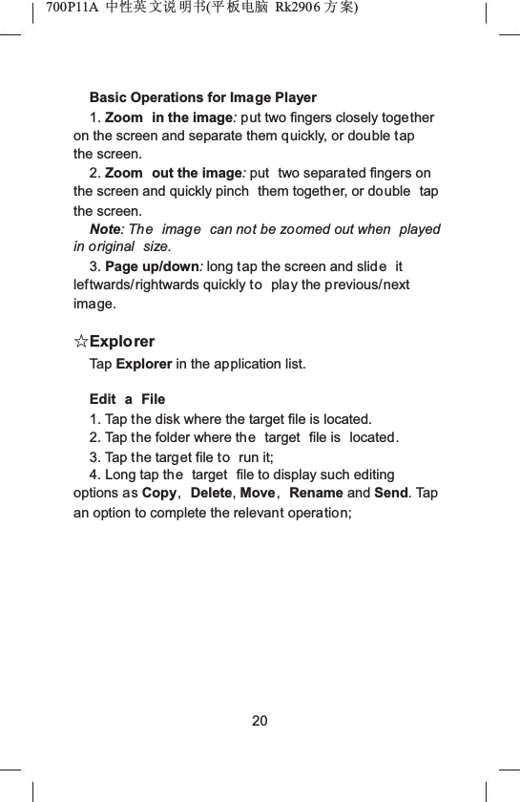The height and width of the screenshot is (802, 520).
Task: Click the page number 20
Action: [x=260, y=720]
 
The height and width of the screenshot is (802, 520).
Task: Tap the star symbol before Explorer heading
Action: [x=81, y=342]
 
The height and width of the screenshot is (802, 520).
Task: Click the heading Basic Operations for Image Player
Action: [x=202, y=97]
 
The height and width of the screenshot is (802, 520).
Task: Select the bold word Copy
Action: [x=158, y=494]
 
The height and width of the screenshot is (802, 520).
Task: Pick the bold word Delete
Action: [x=212, y=494]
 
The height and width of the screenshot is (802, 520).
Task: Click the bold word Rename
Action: [x=315, y=494]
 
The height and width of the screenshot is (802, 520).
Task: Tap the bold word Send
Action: [x=392, y=494]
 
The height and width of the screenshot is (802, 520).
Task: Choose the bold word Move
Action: [x=258, y=494]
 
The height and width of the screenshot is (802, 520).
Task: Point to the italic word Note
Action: [x=104, y=229]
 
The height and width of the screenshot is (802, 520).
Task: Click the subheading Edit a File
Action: [x=127, y=398]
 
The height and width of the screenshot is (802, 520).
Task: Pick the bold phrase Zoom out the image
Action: [x=174, y=173]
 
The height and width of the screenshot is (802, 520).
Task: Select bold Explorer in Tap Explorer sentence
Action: [x=144, y=363]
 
